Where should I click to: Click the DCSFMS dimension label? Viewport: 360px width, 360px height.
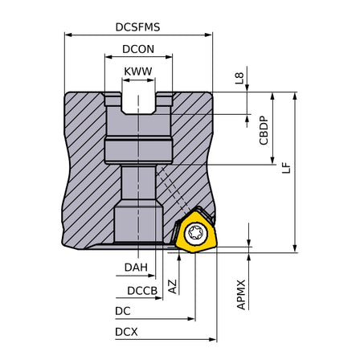pyautogui.click(x=137, y=27)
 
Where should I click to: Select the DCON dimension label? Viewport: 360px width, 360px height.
pyautogui.click(x=138, y=49)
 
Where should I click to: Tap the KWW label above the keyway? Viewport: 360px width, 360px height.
pyautogui.click(x=138, y=72)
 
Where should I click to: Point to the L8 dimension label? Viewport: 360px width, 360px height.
pyautogui.click(x=239, y=78)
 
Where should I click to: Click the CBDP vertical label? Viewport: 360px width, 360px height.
pyautogui.click(x=264, y=130)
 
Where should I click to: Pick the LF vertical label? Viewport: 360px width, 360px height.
pyautogui.click(x=286, y=168)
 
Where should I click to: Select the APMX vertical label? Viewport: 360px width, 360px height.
pyautogui.click(x=241, y=295)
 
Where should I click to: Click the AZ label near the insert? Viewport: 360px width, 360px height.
pyautogui.click(x=173, y=286)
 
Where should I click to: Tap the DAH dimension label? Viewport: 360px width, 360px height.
pyautogui.click(x=136, y=267)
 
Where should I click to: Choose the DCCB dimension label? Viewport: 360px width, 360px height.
pyautogui.click(x=142, y=291)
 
